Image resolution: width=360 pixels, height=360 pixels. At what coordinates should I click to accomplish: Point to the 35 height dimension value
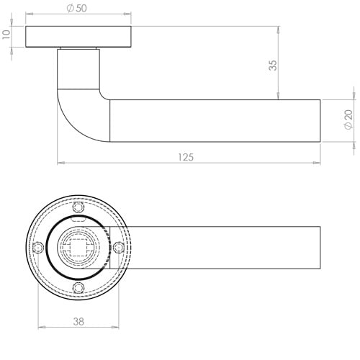point(271,65)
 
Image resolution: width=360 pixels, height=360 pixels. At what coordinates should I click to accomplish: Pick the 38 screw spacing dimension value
point(78,322)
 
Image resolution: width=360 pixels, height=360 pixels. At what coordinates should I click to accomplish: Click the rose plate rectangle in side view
point(79,37)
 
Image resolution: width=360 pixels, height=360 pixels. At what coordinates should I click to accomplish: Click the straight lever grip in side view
point(216,121)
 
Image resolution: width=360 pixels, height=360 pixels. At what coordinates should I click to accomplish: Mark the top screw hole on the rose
point(80,207)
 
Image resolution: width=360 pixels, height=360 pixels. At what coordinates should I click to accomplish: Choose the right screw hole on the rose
point(120,248)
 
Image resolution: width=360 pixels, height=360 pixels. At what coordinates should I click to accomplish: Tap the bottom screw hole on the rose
point(80,288)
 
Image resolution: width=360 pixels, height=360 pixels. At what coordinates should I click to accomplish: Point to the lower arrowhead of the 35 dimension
point(277,96)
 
